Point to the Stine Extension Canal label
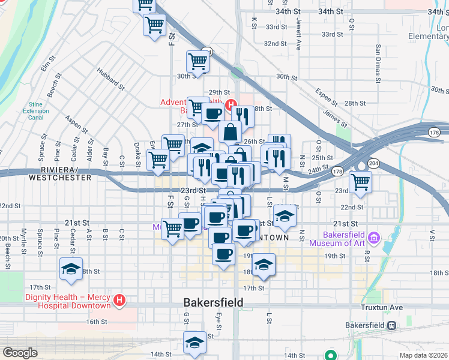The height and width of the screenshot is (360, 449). [35, 110]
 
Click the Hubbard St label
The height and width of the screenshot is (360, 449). [112, 79]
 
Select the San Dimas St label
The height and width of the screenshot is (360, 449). [378, 63]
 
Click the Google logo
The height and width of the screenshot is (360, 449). [20, 353]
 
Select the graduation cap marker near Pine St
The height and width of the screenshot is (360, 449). [71, 269]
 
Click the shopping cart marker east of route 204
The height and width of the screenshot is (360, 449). [360, 181]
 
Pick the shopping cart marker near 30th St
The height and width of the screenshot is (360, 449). [197, 61]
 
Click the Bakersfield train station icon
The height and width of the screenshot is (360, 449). [391, 325]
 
